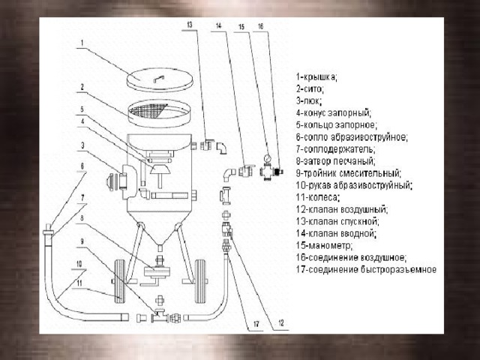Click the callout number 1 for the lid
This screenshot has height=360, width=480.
click(82, 43)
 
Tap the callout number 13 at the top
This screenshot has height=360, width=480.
click(190, 25)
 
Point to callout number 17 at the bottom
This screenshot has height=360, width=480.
click(256, 324)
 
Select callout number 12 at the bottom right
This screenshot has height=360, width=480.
click(281, 323)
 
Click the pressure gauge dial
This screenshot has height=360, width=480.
click(268, 158)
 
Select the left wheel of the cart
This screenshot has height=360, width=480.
click(120, 281)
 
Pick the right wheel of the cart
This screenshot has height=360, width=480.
click(200, 281)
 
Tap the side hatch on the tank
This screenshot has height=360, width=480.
click(127, 182)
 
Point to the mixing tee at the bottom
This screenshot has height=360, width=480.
click(160, 316)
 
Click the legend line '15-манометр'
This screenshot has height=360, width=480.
click(325, 245)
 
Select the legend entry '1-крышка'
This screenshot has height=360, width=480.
click(316, 77)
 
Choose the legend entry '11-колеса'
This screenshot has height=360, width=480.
click(318, 197)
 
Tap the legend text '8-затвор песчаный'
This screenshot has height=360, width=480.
click(336, 161)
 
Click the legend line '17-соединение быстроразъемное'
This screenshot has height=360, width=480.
click(366, 270)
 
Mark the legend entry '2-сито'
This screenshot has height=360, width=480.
click(310, 89)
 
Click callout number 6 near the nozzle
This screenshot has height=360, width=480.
click(82, 166)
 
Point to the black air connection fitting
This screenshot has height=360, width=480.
click(277, 172)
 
